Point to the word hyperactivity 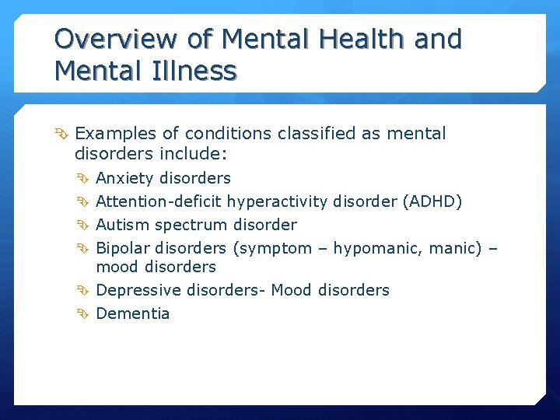(278, 201)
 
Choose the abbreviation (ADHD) (432, 201)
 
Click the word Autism (123, 225)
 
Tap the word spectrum (192, 226)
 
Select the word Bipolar (123, 248)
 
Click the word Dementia (132, 313)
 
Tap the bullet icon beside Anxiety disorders (85, 178)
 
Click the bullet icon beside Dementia (85, 313)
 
